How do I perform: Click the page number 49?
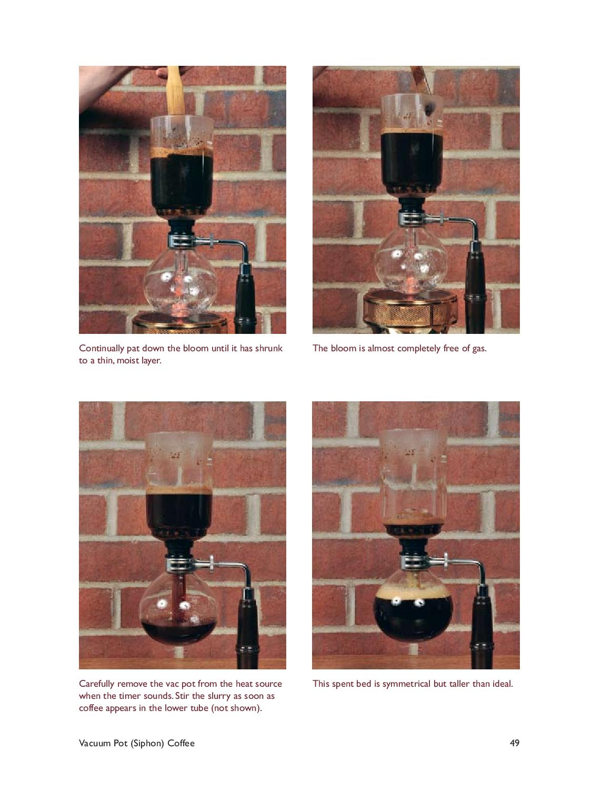pos(514,743)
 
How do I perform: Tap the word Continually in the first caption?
pos(101,349)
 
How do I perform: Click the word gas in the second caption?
pos(479,349)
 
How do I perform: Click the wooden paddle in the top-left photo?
pos(175,91)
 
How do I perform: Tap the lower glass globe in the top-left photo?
pos(180,282)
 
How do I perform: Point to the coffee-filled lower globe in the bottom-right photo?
pos(413,608)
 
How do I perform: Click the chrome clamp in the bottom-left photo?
pos(190,565)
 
